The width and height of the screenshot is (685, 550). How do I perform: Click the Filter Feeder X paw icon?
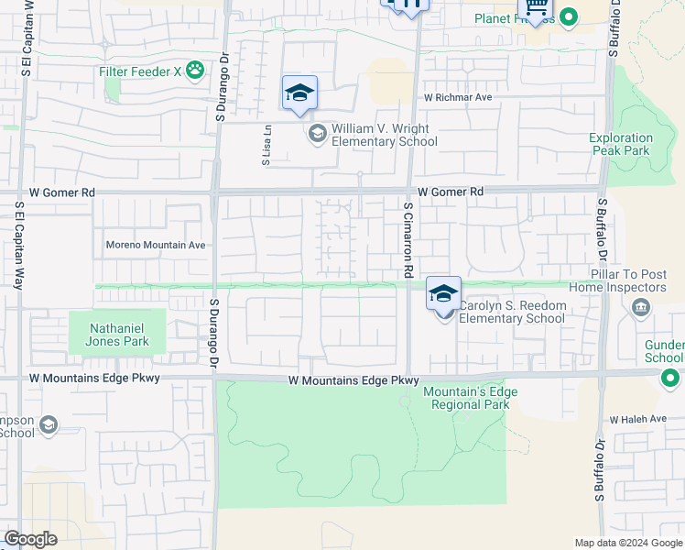[x=194, y=70]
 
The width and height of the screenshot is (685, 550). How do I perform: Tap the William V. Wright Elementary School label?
[x=384, y=136]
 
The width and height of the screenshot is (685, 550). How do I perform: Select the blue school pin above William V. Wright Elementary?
[x=299, y=93]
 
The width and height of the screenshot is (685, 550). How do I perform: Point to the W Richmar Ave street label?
[x=458, y=96]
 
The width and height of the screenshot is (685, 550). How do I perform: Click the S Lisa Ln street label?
[x=267, y=145]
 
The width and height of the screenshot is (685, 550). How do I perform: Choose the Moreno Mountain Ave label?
[x=156, y=245]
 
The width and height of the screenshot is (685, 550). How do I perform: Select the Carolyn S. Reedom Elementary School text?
[x=512, y=312]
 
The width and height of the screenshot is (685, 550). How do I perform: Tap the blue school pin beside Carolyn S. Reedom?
[x=443, y=295]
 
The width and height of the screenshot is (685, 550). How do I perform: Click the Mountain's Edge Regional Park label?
[x=470, y=398]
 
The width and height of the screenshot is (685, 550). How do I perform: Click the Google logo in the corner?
[x=30, y=539]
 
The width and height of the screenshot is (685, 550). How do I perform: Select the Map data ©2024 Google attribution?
[x=628, y=543]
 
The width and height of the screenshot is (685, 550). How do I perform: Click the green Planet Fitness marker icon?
[x=569, y=17]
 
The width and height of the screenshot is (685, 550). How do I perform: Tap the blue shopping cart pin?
[x=534, y=7]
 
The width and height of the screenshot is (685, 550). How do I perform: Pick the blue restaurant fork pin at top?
[x=406, y=5]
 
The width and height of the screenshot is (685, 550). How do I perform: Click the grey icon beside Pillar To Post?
[x=640, y=307]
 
